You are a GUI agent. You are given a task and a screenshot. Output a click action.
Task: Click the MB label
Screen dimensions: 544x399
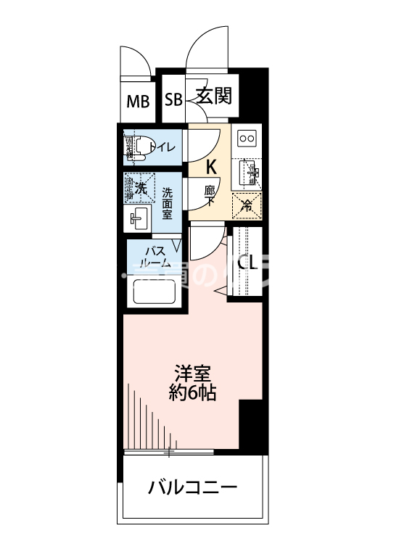click(138, 101)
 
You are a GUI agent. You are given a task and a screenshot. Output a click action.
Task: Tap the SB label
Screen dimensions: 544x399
click(173, 100)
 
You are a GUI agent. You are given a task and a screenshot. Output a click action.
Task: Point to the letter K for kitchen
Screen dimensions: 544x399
click(211, 167)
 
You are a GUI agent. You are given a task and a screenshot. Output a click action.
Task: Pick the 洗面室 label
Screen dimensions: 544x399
click(167, 204)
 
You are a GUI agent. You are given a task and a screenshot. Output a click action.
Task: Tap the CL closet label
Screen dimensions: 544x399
click(247, 263)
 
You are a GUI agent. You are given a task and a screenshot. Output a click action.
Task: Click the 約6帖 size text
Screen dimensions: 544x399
click(192, 395)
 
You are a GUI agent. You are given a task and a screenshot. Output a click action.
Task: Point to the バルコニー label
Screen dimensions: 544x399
click(192, 487)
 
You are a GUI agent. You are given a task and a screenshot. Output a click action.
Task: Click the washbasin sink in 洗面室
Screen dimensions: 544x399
click(139, 217)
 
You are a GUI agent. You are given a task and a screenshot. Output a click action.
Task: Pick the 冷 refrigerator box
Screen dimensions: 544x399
click(247, 205)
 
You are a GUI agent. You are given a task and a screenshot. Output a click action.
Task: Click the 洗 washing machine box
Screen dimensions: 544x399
click(139, 187)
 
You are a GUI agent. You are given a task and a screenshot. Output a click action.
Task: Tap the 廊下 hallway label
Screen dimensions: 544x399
click(210, 195)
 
